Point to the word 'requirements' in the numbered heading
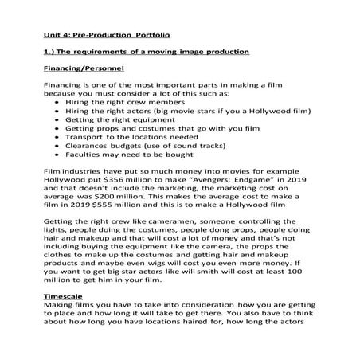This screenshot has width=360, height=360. (106, 53)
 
